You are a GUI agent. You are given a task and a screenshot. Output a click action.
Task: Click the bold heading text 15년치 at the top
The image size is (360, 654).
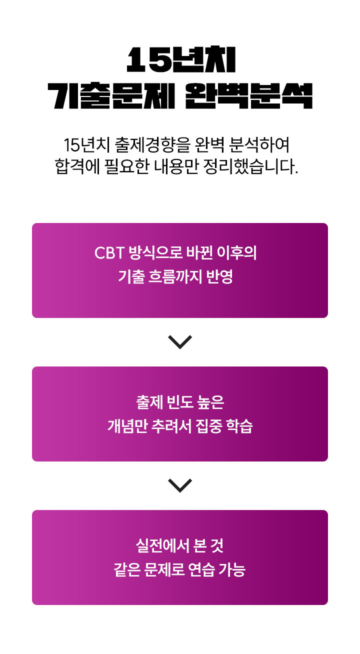coord(180,61)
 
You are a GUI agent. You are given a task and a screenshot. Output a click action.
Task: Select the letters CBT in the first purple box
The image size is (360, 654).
coord(108,253)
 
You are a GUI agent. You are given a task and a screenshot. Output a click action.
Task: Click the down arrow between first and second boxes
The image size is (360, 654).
coord(180,341)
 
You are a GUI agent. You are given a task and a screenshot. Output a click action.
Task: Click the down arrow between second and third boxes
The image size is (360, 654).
coord(180,485)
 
